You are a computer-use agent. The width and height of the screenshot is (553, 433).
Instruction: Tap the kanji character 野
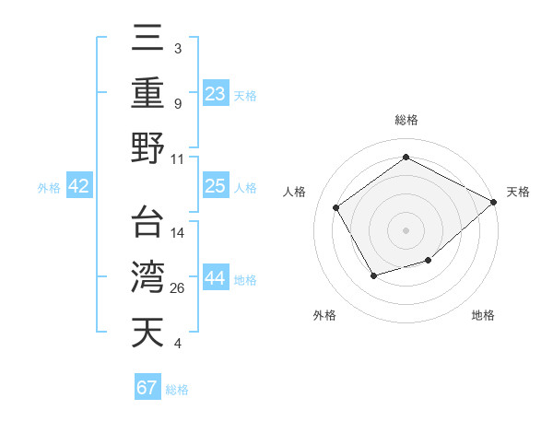coord(147,147)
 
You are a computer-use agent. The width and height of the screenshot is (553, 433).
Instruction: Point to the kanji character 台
coord(147,221)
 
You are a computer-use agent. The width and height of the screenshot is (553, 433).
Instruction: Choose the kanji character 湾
coord(147,276)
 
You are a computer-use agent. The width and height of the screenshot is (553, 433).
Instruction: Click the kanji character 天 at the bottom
coord(147,332)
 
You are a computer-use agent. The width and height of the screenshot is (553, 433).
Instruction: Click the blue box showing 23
coord(216,92)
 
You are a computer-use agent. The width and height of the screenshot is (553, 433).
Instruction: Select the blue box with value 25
coord(216,186)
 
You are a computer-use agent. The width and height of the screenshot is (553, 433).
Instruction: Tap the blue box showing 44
coord(216,278)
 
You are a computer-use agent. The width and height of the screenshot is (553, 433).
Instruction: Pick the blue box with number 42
coord(79,186)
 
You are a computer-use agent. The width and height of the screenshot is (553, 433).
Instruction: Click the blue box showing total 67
coord(147,387)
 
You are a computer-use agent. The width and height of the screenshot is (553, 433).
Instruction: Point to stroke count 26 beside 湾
coord(178,288)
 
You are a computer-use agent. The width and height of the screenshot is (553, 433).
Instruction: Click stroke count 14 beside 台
coord(178,232)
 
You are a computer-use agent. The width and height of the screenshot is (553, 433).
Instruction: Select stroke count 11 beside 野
coord(178,158)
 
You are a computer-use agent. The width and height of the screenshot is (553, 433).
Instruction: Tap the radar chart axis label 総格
coord(406,121)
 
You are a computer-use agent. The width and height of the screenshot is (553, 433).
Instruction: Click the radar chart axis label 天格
coord(518,192)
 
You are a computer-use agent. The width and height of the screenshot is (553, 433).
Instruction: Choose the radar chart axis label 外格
coord(324,315)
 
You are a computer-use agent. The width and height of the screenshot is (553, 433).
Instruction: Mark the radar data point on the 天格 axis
coord(494,201)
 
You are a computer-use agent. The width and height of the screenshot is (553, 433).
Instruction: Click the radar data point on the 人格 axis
coord(336,207)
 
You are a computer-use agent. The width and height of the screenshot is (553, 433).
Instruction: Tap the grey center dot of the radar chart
coord(406,229)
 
